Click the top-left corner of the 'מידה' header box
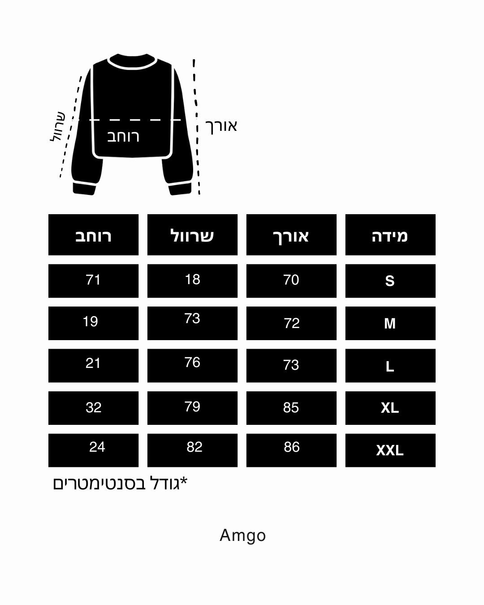click(346, 214)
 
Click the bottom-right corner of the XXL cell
click(436, 467)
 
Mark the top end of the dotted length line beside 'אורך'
click(194, 60)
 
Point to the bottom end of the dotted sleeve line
click(60, 177)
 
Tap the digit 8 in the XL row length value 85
click(287, 407)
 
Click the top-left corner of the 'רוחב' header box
click(48, 214)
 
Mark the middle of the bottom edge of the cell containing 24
click(93, 467)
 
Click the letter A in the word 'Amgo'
click(225, 535)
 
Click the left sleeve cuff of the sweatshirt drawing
click(84, 189)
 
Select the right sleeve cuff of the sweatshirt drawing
click(180, 189)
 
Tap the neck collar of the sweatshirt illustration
click(132, 61)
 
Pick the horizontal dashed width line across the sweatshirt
click(126, 120)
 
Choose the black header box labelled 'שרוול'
click(192, 235)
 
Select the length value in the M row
click(292, 323)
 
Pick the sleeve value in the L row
click(192, 362)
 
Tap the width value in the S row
click(93, 280)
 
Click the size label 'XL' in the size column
click(390, 408)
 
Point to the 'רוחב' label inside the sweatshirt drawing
click(123, 137)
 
